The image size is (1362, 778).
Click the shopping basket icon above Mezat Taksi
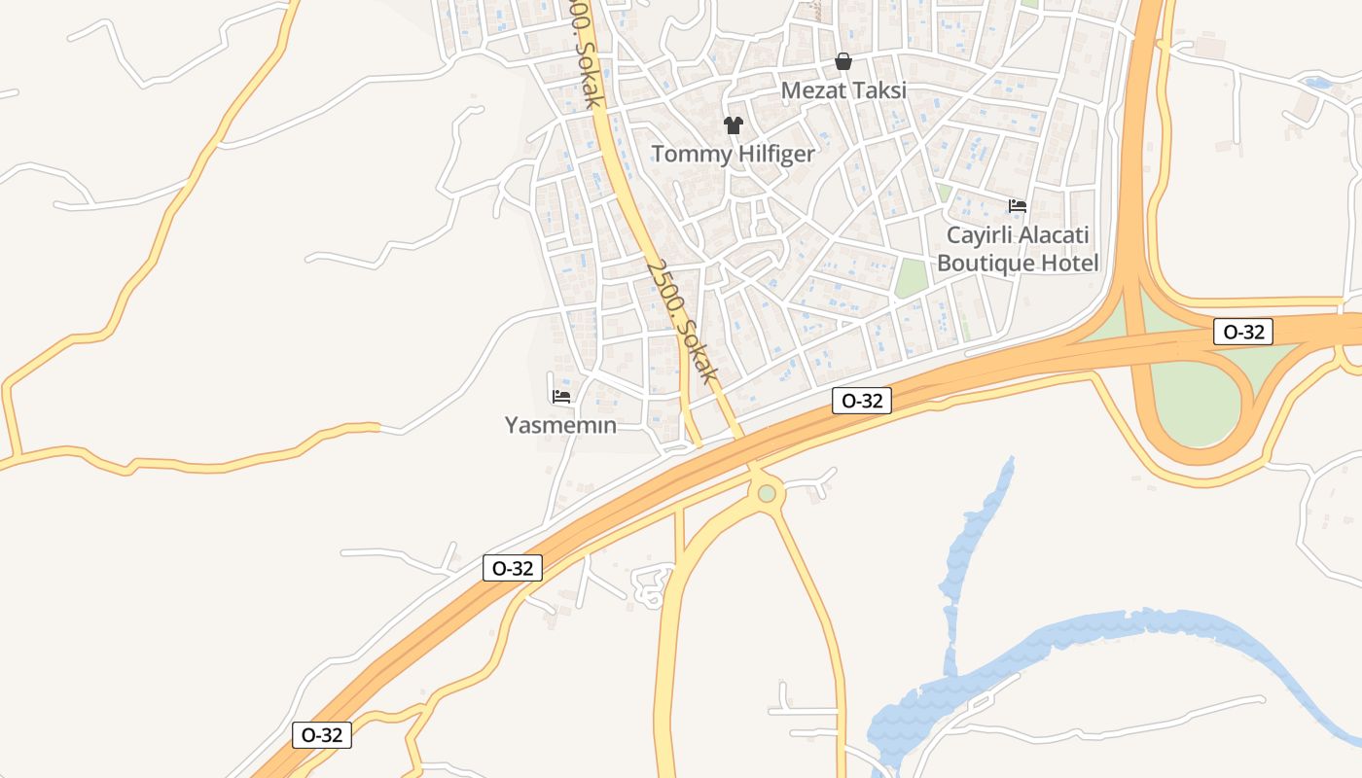(843, 62)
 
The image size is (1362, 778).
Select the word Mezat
(811, 90)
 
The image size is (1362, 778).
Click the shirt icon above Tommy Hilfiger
(733, 125)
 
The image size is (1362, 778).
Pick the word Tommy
(689, 154)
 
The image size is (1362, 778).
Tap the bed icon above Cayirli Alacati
(1018, 206)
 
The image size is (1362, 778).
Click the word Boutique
(985, 263)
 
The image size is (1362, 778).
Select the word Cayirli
(980, 235)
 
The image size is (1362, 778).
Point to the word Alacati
(1055, 235)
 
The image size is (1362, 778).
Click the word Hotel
(1069, 263)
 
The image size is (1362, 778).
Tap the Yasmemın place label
(560, 425)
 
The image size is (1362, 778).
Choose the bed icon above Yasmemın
(560, 397)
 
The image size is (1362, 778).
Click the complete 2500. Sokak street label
(682, 321)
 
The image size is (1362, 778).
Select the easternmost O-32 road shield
(1243, 332)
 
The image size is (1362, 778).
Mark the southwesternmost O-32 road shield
(322, 735)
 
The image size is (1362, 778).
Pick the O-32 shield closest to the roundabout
(862, 400)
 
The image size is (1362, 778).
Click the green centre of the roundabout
(767, 493)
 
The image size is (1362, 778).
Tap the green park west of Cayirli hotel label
(912, 278)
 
